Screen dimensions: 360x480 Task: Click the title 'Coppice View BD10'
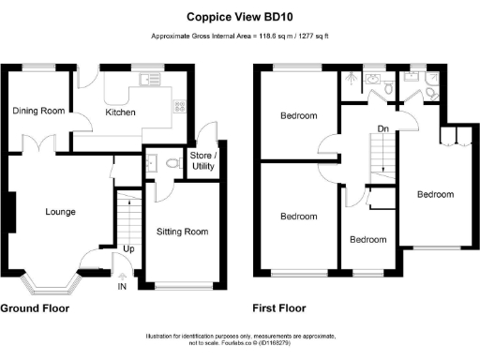240,16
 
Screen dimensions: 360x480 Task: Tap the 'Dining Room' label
38,111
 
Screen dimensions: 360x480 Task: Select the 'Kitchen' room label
120,112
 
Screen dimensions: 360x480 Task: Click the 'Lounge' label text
60,212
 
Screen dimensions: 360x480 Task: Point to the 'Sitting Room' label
182,232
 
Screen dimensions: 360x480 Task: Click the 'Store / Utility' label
202,159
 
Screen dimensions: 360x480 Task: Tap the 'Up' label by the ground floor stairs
127,249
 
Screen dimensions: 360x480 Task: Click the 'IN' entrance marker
121,286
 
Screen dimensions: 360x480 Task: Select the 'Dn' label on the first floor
383,130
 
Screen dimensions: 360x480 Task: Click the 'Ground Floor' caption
38,307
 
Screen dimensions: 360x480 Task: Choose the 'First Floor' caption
279,307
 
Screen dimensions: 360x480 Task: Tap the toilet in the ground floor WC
170,163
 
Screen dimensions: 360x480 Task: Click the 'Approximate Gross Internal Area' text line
240,37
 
